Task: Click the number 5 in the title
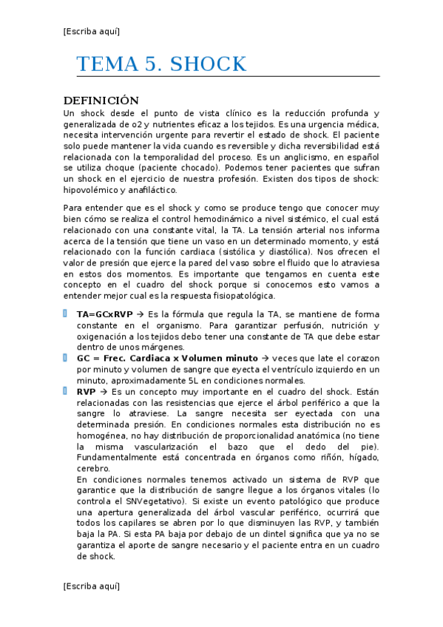[x=148, y=64]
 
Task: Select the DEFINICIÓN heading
[x=101, y=101]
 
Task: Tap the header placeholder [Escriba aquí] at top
[x=92, y=31]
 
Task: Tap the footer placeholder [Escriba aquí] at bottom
[x=92, y=586]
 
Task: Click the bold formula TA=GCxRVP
[x=104, y=314]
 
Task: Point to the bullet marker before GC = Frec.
[x=66, y=358]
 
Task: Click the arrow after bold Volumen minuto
[x=264, y=359]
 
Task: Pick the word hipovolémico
[x=91, y=190]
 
